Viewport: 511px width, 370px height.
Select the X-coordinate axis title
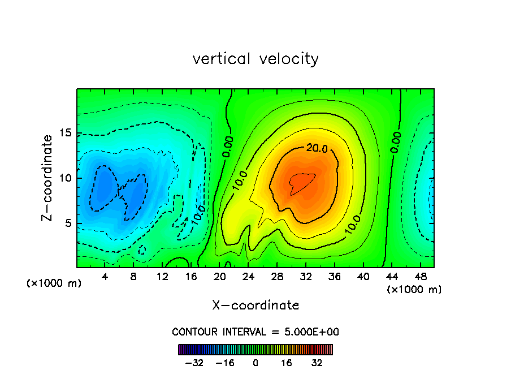point(255,306)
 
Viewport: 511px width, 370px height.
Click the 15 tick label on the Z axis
point(64,133)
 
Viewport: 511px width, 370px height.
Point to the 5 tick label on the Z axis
point(67,223)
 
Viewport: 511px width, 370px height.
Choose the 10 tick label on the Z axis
point(64,178)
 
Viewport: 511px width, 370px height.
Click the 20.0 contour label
point(317,148)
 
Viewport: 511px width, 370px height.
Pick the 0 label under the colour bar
point(255,363)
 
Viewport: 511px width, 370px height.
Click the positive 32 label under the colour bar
point(317,363)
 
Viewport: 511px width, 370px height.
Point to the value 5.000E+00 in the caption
point(313,332)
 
